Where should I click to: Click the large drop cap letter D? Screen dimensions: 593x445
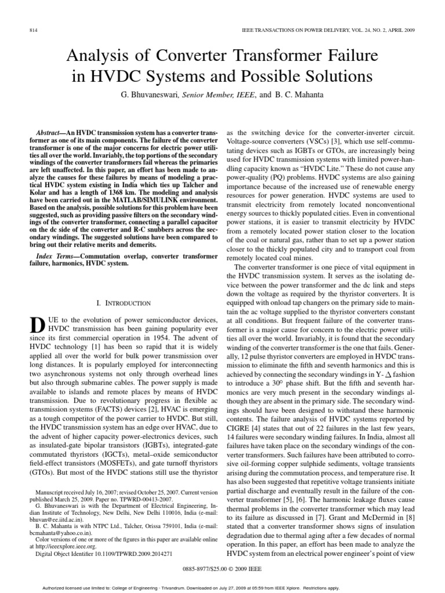(35, 326)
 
